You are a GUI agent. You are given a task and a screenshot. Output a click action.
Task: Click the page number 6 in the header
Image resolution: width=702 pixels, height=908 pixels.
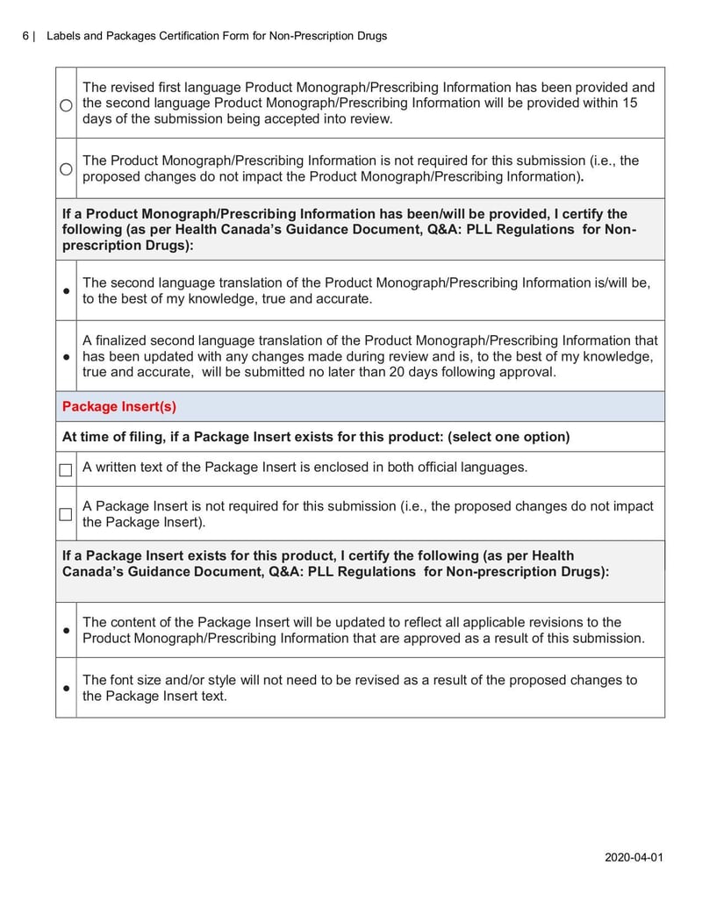(26, 36)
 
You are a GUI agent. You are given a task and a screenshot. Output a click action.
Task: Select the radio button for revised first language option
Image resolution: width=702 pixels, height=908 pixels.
(66, 104)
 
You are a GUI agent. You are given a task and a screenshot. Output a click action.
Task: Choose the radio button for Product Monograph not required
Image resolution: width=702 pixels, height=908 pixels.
(66, 168)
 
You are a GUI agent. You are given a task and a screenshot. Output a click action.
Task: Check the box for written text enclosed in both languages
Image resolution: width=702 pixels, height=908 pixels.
(66, 469)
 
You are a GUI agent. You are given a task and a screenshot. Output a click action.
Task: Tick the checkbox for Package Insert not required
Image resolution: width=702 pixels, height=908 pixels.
(66, 514)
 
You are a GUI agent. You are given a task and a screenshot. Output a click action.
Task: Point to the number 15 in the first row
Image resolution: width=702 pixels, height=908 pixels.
(630, 103)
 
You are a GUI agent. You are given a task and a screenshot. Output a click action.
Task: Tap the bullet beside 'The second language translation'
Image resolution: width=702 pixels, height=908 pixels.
(66, 291)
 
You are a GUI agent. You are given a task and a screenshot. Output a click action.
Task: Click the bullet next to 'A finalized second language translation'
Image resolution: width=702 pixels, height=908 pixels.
(66, 356)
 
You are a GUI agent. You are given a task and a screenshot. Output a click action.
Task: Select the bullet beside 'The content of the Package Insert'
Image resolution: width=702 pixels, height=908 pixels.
(66, 631)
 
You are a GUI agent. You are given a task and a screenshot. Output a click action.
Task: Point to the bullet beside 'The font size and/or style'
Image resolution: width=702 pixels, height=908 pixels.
(66, 689)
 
